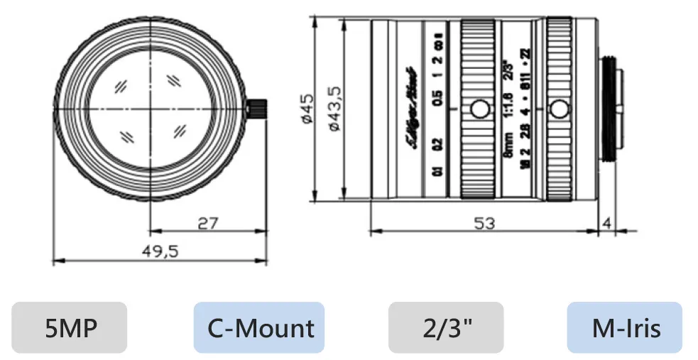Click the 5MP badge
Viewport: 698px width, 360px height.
pos(69,327)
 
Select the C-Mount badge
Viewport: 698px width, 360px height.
pos(259,327)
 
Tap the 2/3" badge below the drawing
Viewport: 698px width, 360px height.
pos(445,327)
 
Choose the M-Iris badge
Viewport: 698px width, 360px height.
pos(624,327)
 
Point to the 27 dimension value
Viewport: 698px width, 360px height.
pos(207,222)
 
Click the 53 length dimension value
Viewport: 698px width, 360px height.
pos(485,222)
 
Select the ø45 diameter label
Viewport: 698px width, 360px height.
pos(307,109)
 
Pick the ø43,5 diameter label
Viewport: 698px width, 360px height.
pos(333,108)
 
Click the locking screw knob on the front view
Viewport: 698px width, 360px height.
pos(256,108)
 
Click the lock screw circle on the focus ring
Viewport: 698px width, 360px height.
pos(480,109)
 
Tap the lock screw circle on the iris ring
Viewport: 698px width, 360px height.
pos(560,109)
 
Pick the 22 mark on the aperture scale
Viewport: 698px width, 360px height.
pos(525,54)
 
